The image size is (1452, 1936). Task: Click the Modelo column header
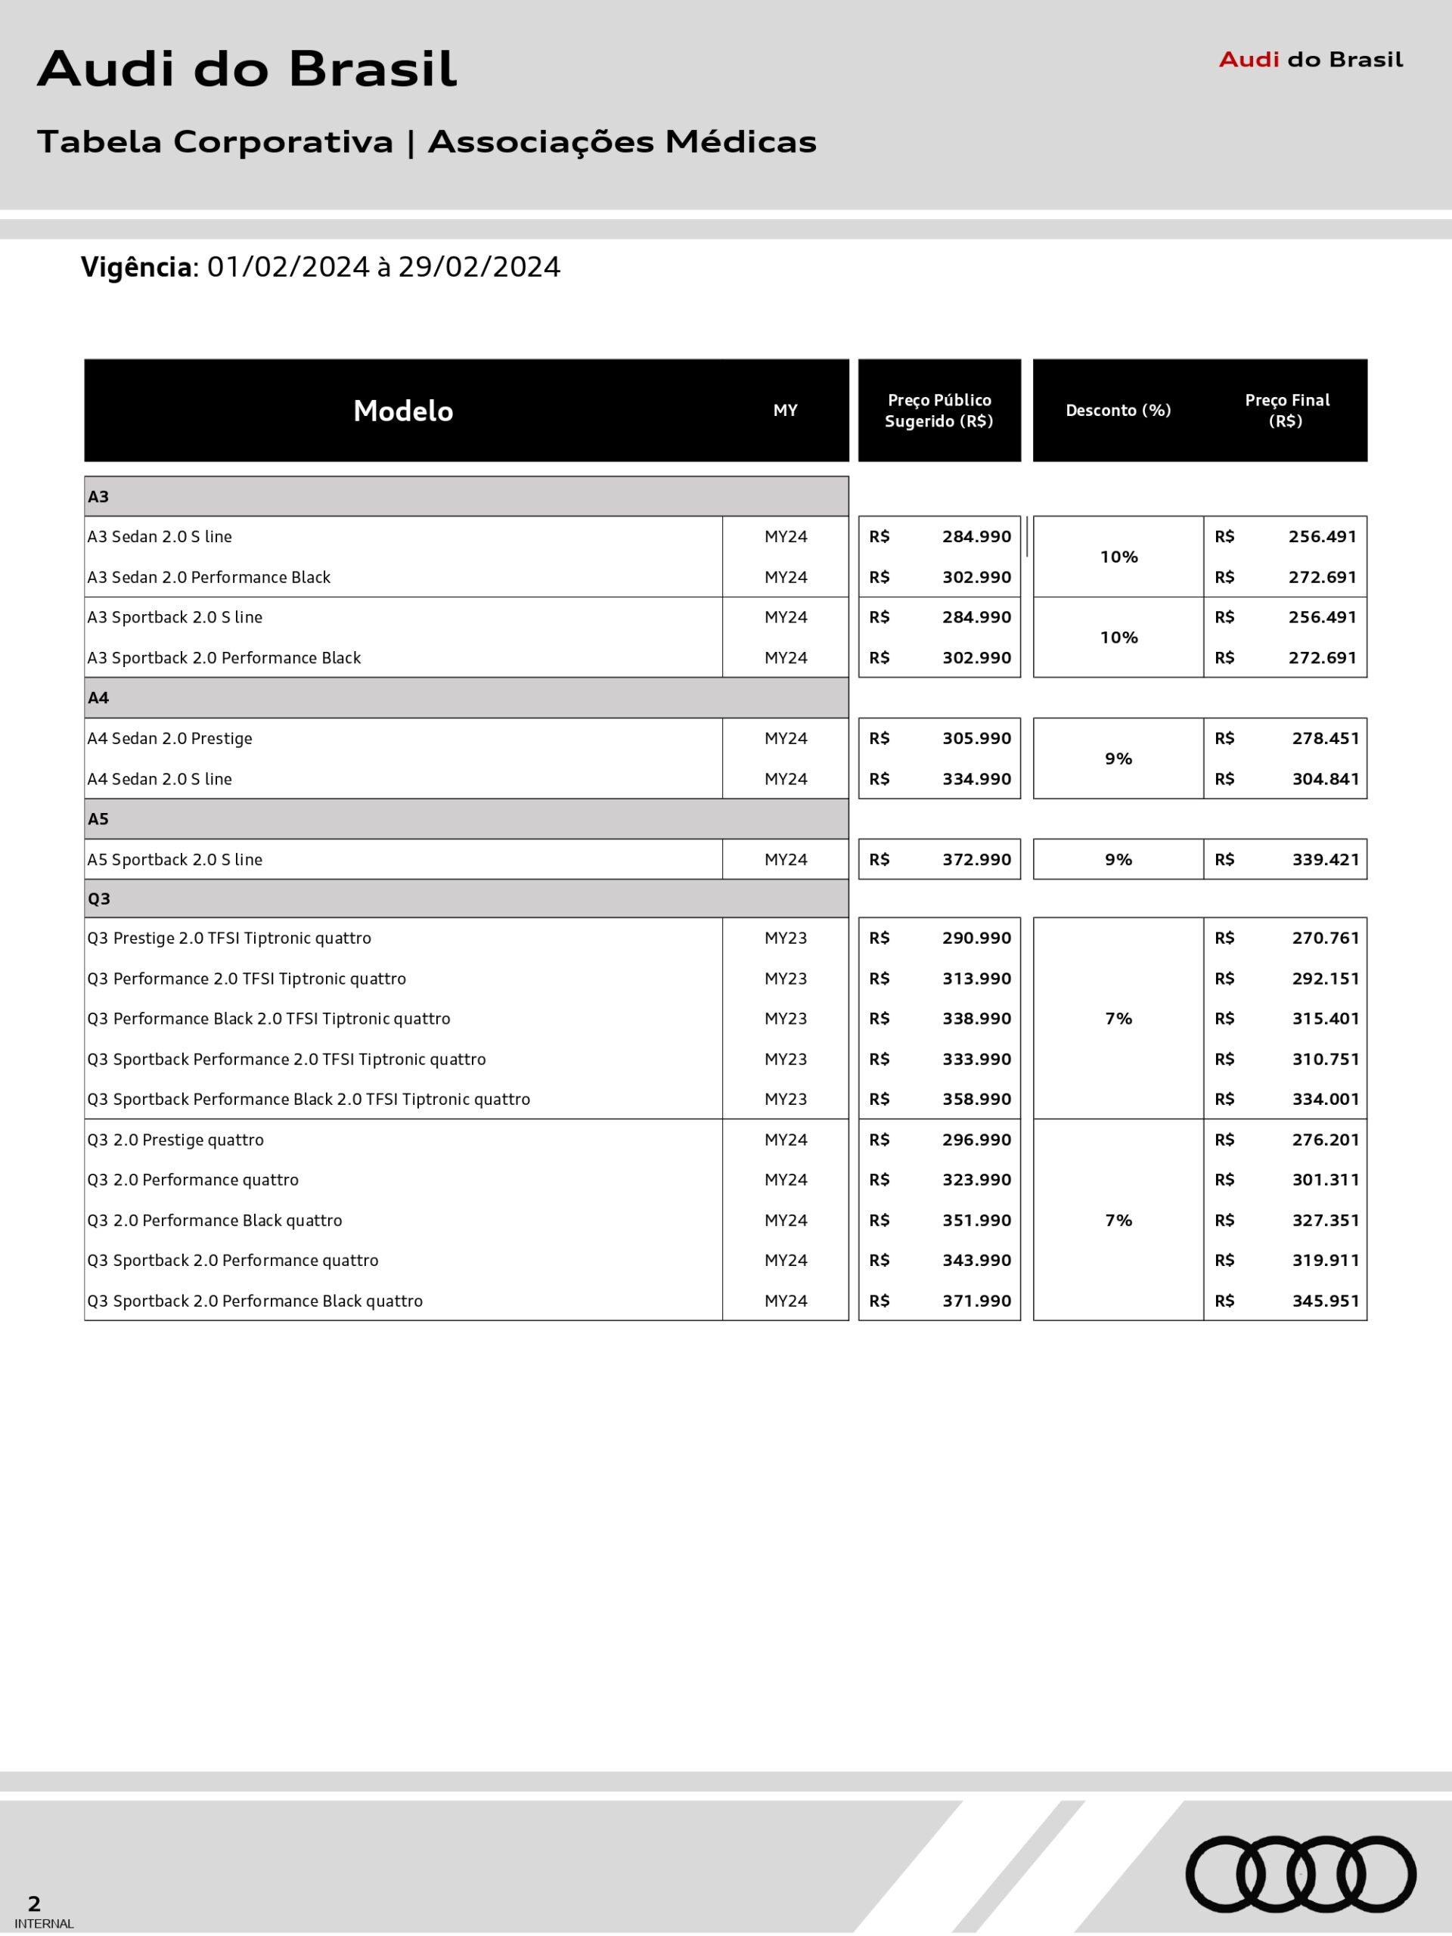pyautogui.click(x=402, y=411)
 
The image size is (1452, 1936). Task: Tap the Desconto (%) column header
pyautogui.click(x=1118, y=411)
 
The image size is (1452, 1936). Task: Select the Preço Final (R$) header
pyautogui.click(x=1286, y=411)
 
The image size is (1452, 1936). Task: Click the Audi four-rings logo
pyautogui.click(x=1300, y=1874)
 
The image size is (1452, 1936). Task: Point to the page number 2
pyautogui.click(x=34, y=1903)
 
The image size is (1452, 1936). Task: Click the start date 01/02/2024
pyautogui.click(x=288, y=267)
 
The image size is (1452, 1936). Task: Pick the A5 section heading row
pyautogui.click(x=466, y=819)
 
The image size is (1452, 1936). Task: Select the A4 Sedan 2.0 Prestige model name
pyautogui.click(x=170, y=739)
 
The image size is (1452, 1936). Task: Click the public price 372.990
pyautogui.click(x=976, y=859)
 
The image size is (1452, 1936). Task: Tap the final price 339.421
pyautogui.click(x=1325, y=859)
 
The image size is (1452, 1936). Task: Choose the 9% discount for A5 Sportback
pyautogui.click(x=1118, y=859)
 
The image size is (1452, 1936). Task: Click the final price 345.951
pyautogui.click(x=1325, y=1301)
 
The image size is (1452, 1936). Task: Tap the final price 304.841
pyautogui.click(x=1325, y=779)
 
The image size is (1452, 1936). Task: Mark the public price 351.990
pyautogui.click(x=976, y=1220)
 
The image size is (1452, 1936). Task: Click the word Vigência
pyautogui.click(x=137, y=267)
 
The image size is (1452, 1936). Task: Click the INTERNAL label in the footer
pyautogui.click(x=45, y=1924)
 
